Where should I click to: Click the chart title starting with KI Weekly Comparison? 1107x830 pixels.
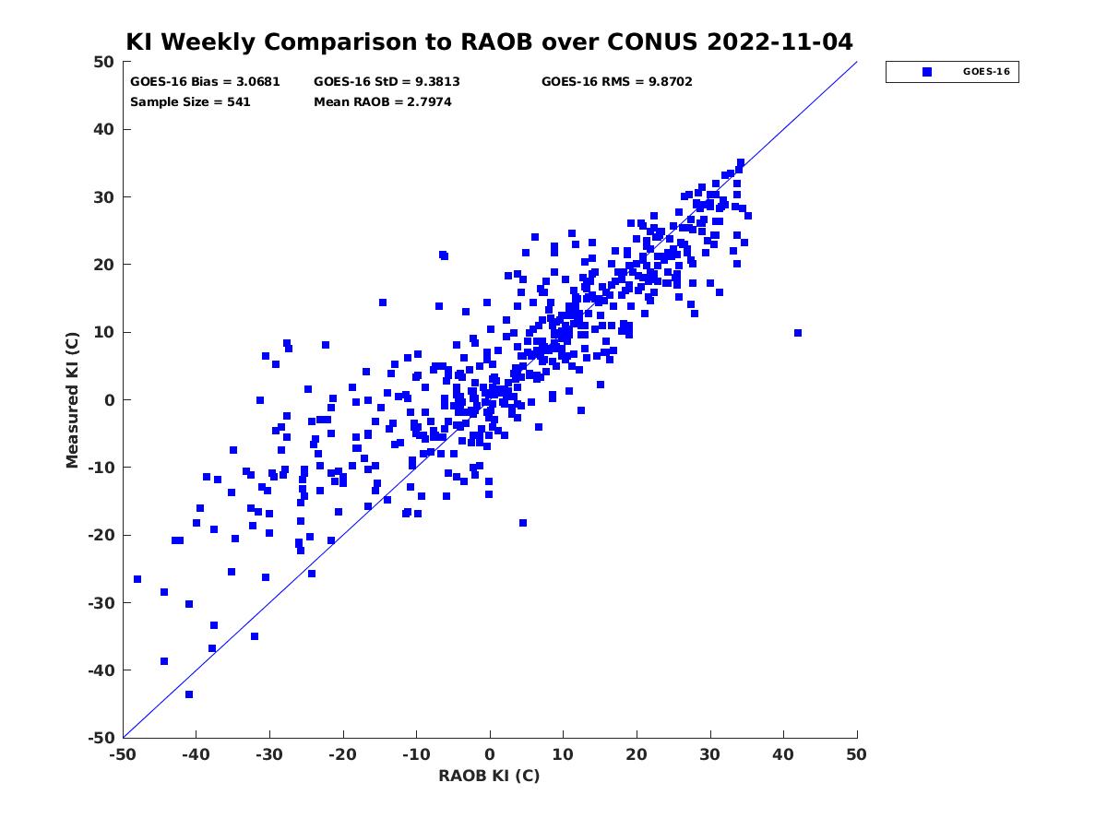tap(489, 41)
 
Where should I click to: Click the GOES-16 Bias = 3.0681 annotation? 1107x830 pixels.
tap(205, 82)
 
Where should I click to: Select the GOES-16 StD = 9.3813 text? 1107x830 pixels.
tap(387, 82)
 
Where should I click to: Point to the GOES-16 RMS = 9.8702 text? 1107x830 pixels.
tap(617, 82)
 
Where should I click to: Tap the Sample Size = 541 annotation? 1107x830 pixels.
tap(190, 101)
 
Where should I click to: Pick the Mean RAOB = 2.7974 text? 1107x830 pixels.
tap(383, 101)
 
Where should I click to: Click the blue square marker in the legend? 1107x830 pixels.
tap(927, 72)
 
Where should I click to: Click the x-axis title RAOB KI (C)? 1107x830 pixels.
tap(489, 776)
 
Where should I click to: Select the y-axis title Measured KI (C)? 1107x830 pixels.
tap(72, 400)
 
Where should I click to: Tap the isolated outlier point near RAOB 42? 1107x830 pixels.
tap(798, 333)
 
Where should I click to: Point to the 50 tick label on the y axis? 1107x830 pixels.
tap(104, 62)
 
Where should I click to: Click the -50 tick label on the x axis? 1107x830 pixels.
tap(123, 754)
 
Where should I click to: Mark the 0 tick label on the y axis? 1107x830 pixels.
tap(110, 400)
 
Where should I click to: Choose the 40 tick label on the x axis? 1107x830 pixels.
tap(783, 754)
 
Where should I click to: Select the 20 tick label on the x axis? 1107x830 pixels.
tap(637, 754)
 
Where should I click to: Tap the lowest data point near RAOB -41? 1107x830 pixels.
tap(189, 694)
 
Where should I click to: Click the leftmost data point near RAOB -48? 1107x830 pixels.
tap(137, 579)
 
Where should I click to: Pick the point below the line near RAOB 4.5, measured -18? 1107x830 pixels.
tap(523, 523)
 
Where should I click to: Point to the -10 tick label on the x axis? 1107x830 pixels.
tap(416, 754)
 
